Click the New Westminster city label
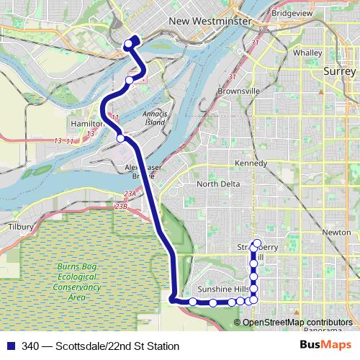pos(210,22)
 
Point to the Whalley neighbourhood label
pos(307,53)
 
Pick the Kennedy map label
pos(250,163)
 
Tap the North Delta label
pos(218,184)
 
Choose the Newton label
pos(336,233)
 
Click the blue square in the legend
pos(10,346)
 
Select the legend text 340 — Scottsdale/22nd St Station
pos(100,346)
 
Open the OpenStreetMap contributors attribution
pos(297,322)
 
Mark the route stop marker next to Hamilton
pos(121,138)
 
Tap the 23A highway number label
pos(129,194)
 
